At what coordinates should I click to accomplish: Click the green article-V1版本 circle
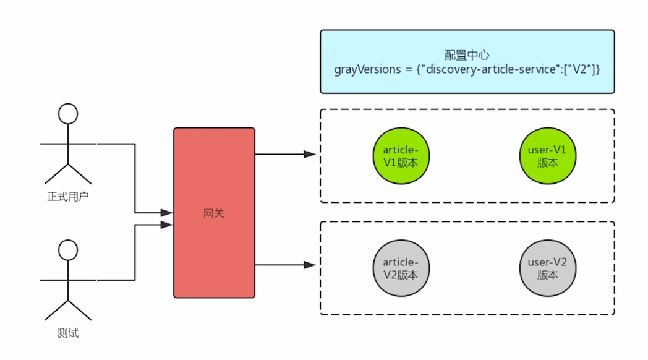pyautogui.click(x=401, y=155)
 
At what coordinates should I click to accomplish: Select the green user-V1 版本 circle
pyautogui.click(x=547, y=155)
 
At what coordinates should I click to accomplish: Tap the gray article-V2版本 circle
pyautogui.click(x=401, y=268)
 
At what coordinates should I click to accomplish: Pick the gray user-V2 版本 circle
pyautogui.click(x=547, y=268)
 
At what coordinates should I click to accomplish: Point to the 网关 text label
pyautogui.click(x=214, y=213)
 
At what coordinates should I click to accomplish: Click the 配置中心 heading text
pyautogui.click(x=467, y=54)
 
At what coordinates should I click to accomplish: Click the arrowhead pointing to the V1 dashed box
pyautogui.click(x=310, y=153)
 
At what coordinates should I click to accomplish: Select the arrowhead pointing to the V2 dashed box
pyautogui.click(x=310, y=265)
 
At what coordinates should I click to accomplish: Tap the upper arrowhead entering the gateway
pyautogui.click(x=167, y=213)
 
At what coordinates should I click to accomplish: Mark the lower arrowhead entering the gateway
pyautogui.click(x=167, y=225)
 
